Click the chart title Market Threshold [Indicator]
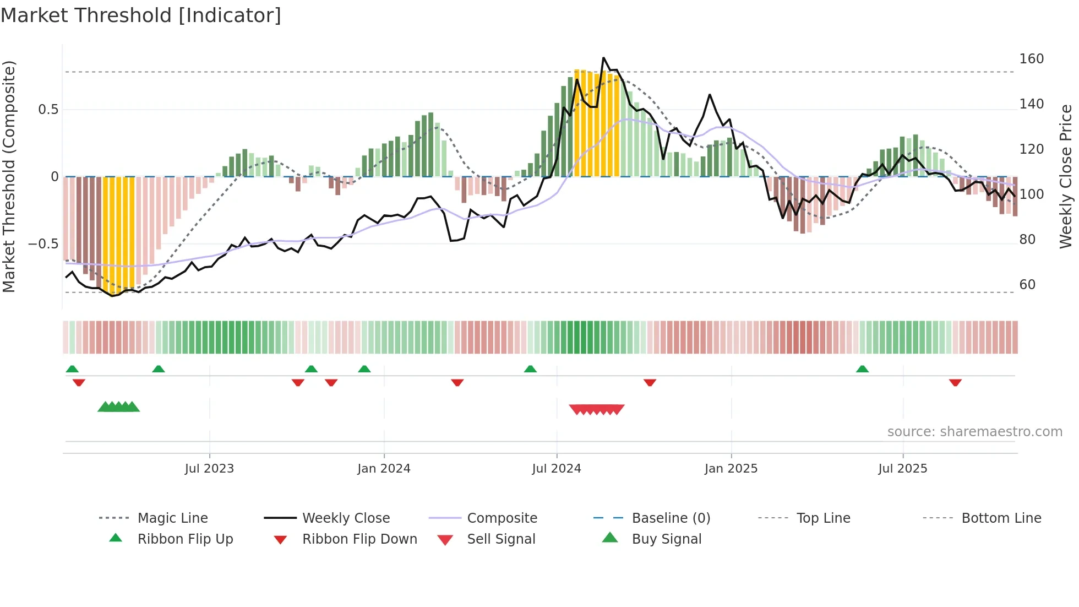tap(141, 15)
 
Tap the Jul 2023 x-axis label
tap(209, 469)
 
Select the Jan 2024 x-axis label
tap(384, 469)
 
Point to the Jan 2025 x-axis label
tap(731, 469)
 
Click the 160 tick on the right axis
tap(1031, 59)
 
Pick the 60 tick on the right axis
tap(1027, 285)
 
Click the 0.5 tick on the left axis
tap(48, 110)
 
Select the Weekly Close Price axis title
tap(1066, 176)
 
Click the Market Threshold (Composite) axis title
tap(9, 176)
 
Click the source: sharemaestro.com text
tap(974, 432)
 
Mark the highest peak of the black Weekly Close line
tap(603, 58)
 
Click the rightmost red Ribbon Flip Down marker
tap(955, 382)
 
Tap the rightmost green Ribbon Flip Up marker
tap(862, 369)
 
